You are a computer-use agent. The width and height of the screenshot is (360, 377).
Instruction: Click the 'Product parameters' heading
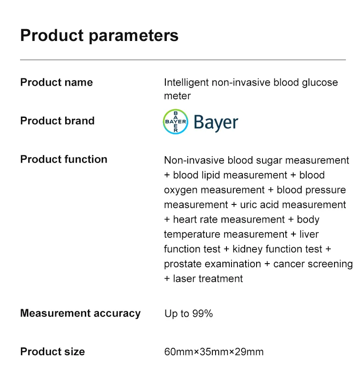point(99,36)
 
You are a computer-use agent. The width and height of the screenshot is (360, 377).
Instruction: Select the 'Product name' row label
point(57,82)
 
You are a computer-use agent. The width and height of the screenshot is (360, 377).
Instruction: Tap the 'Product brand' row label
point(57,121)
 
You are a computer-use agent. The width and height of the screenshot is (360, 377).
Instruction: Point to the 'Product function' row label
point(64,159)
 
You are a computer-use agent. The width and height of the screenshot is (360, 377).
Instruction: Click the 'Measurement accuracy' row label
point(80,313)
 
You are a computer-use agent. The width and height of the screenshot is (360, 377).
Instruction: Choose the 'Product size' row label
point(52,352)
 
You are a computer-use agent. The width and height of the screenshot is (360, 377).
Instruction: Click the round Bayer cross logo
point(175,122)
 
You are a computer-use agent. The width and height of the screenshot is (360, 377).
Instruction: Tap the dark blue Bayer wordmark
point(216,122)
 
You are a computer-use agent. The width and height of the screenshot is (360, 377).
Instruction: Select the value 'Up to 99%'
point(188,314)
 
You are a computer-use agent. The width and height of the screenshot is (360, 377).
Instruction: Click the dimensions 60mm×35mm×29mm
point(214,352)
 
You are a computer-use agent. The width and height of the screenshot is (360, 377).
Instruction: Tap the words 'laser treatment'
point(208,279)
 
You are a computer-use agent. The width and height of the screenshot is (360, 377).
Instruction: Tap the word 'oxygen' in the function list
point(181,190)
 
